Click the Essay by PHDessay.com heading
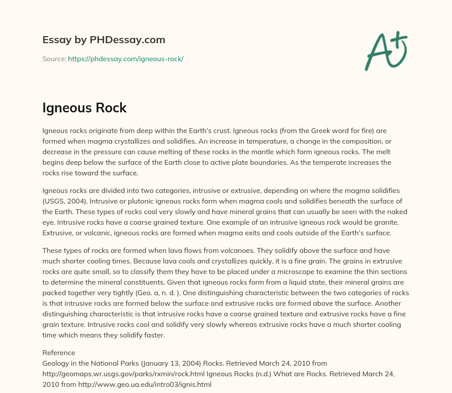pos(104,40)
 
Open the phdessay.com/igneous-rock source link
pos(125,59)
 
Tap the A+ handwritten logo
pos(385,51)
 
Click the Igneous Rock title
pos(84,108)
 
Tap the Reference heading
pos(59,353)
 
